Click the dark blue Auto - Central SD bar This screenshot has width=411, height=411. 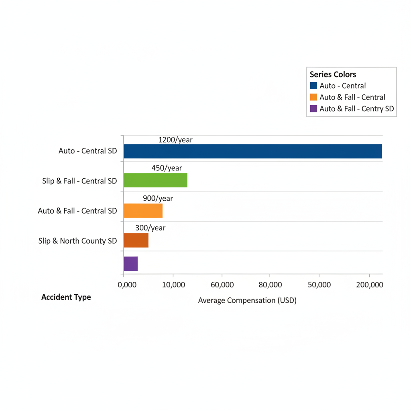coord(252,151)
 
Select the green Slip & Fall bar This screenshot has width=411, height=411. coord(155,181)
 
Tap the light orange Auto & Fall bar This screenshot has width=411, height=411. coord(143,211)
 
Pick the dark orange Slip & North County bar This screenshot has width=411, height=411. coord(136,240)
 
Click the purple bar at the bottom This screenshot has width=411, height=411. coord(130,264)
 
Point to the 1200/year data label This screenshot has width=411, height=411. coord(175,140)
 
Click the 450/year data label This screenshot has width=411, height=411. coord(167,168)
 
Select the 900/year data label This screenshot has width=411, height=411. coord(158,198)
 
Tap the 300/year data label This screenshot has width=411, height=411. coord(150,228)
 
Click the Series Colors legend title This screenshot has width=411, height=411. coord(333,74)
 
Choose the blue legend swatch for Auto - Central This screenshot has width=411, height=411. coord(313,85)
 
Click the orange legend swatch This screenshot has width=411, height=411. coord(313,97)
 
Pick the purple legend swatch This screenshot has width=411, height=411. coord(313,108)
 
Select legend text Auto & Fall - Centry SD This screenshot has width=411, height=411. coord(356,108)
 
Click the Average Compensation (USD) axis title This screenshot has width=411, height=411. coord(247,300)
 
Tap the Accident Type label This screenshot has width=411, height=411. coord(66,297)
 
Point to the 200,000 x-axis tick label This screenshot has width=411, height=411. coord(369,285)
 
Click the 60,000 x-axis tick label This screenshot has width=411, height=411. coord(222,285)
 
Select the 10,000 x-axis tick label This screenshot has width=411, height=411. coord(173,285)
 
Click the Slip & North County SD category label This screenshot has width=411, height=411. coord(77,241)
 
